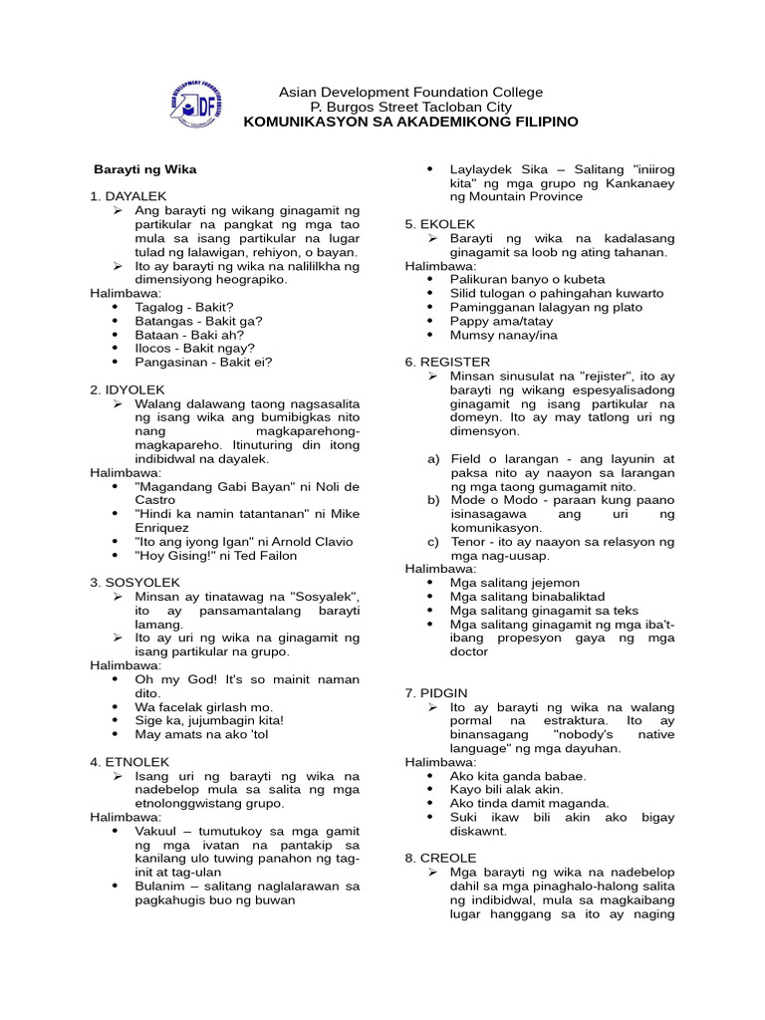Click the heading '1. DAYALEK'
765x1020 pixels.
click(x=128, y=196)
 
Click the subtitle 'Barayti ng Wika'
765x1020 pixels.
click(x=145, y=169)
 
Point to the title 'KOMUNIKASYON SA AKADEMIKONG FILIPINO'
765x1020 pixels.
click(x=410, y=122)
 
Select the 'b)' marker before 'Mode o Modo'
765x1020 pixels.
click(x=433, y=500)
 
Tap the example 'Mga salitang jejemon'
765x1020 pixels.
click(x=514, y=583)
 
